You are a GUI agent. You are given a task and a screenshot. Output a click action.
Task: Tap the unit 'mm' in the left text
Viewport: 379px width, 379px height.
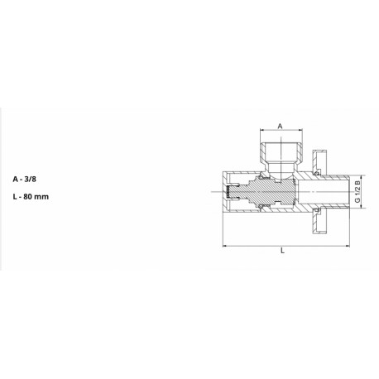(49, 199)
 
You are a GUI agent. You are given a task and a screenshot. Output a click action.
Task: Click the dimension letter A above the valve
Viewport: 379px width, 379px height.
(281, 126)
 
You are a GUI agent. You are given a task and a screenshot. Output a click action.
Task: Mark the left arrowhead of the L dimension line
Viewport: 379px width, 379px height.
(225, 246)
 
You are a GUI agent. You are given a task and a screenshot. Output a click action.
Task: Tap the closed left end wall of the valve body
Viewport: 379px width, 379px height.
(226, 192)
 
